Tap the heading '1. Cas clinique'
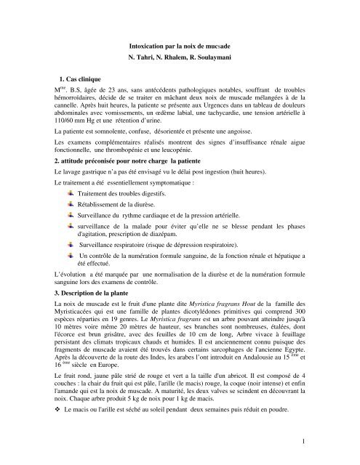point(83,77)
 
